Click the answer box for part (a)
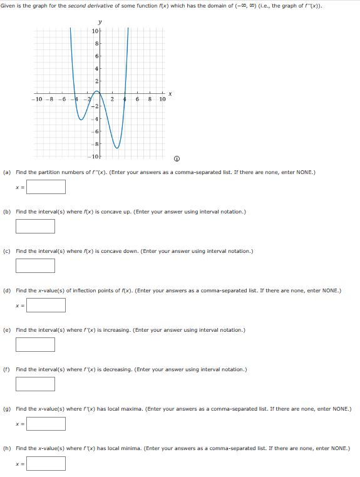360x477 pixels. pyautogui.click(x=46, y=187)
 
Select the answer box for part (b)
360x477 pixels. pyautogui.click(x=36, y=226)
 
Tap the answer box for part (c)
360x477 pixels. pyautogui.click(x=36, y=265)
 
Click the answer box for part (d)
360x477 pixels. pyautogui.click(x=46, y=305)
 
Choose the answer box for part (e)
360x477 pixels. pyautogui.click(x=36, y=344)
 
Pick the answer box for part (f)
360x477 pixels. pyautogui.click(x=36, y=384)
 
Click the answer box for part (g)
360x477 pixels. pyautogui.click(x=46, y=424)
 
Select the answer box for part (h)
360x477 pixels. pyautogui.click(x=46, y=463)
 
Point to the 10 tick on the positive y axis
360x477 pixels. pyautogui.click(x=95, y=31)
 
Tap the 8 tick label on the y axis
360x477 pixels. pyautogui.click(x=96, y=43)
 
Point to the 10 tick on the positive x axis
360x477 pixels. pyautogui.click(x=162, y=100)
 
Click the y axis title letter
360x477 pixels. pyautogui.click(x=100, y=23)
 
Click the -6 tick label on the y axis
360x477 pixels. pyautogui.click(x=96, y=131)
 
